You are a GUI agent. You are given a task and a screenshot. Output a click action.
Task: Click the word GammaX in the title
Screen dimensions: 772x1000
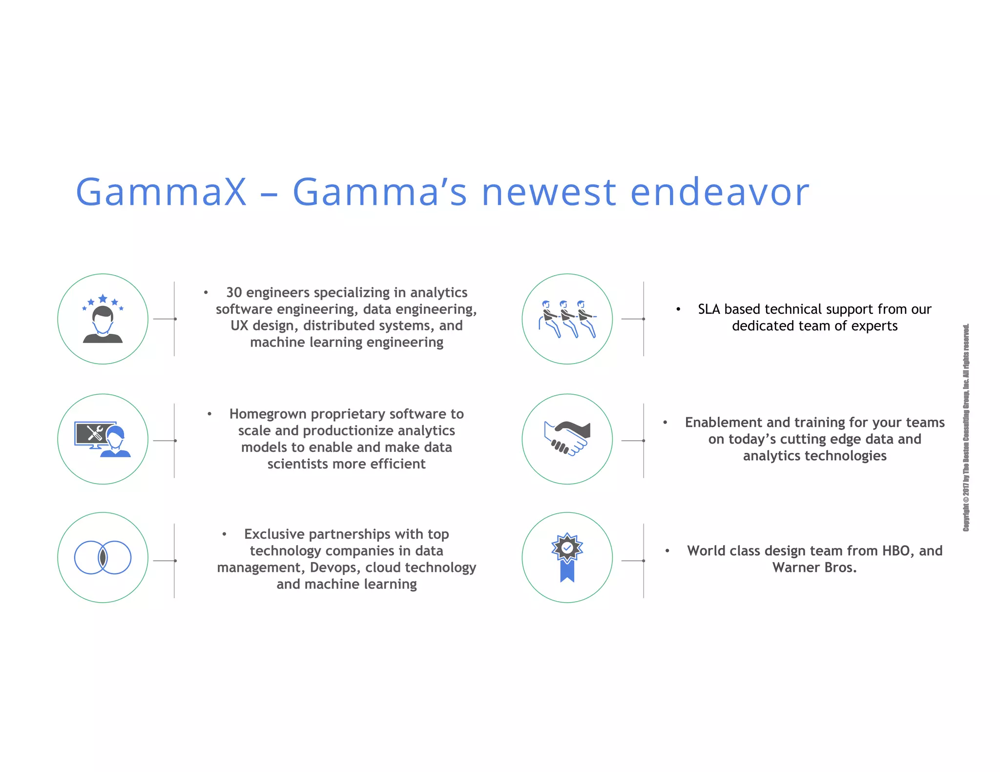[161, 192]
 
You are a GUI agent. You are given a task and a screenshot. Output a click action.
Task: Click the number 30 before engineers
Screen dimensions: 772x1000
[234, 292]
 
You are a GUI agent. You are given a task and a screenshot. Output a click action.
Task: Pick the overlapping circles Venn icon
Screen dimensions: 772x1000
[103, 557]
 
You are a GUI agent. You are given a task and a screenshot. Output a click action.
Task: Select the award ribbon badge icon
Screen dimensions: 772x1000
[567, 557]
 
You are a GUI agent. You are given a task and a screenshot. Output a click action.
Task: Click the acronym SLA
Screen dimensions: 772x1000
[709, 309]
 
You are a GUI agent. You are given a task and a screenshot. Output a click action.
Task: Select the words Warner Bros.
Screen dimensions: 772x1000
[814, 568]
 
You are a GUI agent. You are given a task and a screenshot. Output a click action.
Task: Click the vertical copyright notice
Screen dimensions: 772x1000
[966, 427]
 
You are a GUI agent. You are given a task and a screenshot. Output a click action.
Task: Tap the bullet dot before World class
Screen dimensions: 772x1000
[667, 550]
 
